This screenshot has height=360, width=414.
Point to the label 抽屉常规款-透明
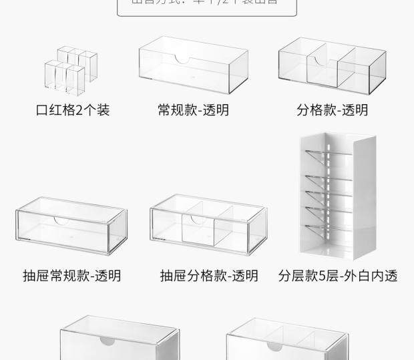[72, 275]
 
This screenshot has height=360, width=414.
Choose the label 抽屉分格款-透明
[209, 275]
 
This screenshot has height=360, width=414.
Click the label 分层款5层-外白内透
[338, 275]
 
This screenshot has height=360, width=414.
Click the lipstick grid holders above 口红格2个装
[66, 70]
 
